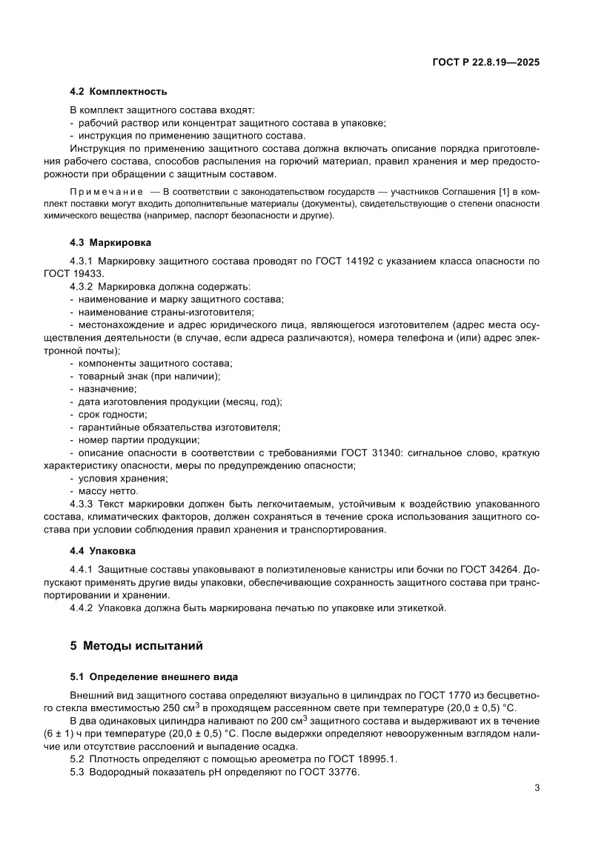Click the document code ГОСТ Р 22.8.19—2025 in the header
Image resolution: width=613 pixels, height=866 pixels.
(486, 63)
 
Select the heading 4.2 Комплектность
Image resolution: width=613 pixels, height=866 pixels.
(118, 92)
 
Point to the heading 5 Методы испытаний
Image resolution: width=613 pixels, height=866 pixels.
(136, 645)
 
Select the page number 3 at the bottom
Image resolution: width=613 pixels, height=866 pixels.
(537, 787)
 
